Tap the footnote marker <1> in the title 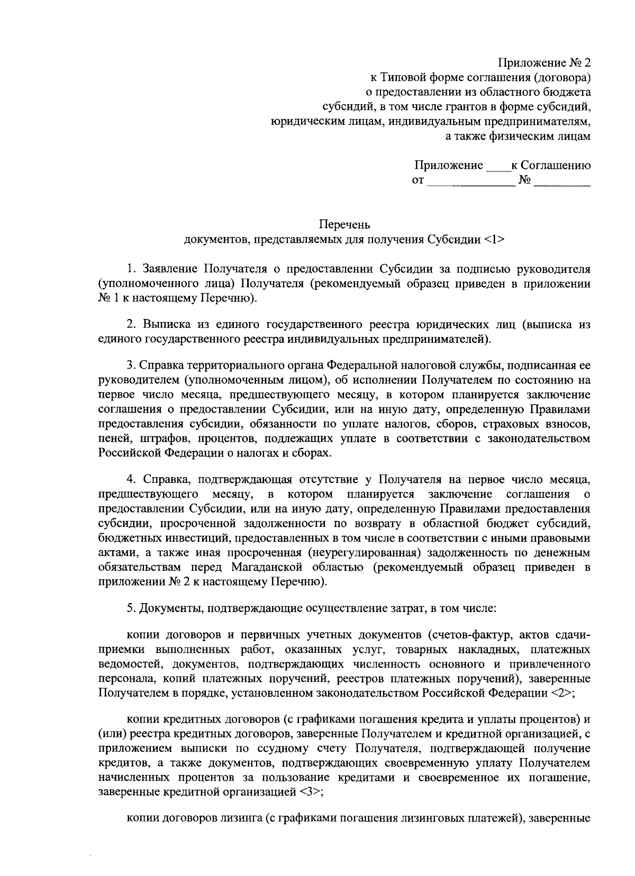coord(494,240)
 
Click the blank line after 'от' coord(470,184)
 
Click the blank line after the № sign coord(562,184)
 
